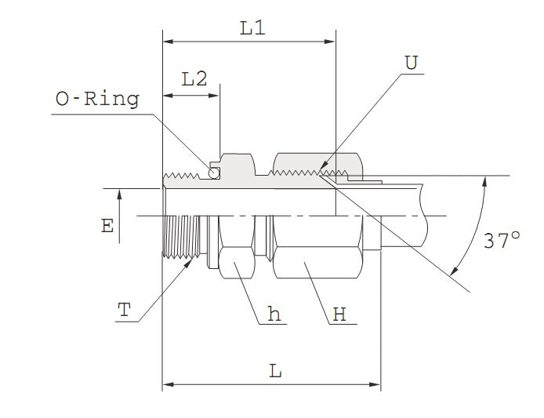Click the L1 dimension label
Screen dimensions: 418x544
[252, 29]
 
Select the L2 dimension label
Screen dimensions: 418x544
[194, 78]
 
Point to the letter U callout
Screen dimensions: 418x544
[411, 62]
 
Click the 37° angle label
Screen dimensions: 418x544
[502, 241]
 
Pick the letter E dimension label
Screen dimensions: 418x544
[107, 226]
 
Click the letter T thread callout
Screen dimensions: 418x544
[123, 310]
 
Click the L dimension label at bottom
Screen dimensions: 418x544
[275, 371]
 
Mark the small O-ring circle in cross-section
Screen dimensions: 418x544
[213, 173]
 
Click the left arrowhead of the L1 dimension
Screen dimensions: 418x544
[167, 41]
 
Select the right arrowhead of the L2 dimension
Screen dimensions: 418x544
[216, 96]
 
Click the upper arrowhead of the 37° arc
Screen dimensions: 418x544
[485, 180]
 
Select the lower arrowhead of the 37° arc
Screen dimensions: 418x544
[455, 272]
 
